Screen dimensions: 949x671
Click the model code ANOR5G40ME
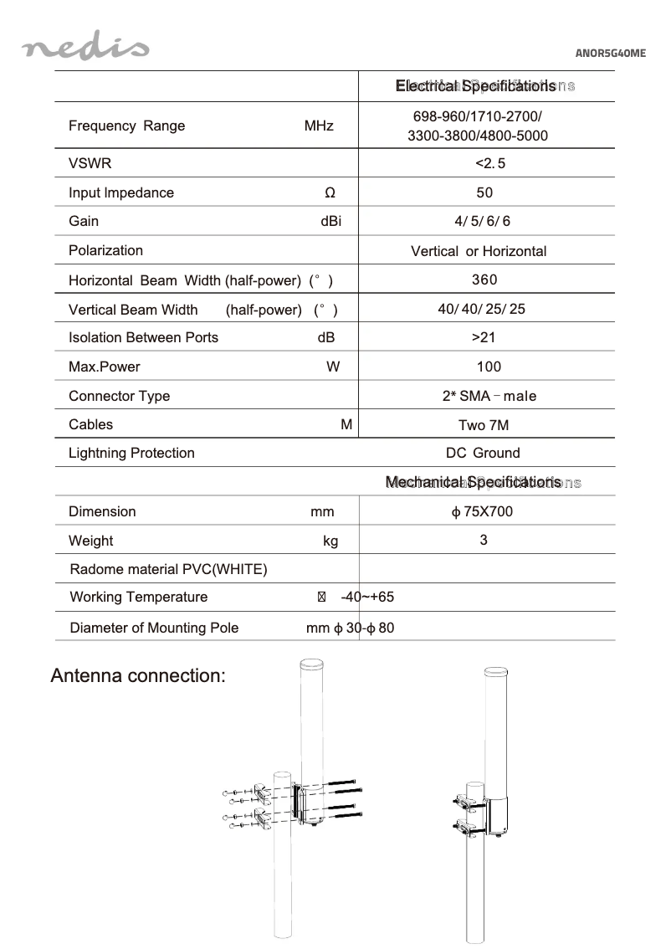point(611,54)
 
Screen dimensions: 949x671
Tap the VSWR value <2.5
point(489,163)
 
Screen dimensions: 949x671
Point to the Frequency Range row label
point(127,126)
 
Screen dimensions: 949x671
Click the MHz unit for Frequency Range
point(319,126)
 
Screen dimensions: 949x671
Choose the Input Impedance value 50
point(484,192)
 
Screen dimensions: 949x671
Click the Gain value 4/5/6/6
point(482,221)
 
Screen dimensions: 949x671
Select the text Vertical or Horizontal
point(479,251)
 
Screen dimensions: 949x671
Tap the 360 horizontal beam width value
point(484,280)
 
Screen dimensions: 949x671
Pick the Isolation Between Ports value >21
point(484,337)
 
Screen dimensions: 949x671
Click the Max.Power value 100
point(489,367)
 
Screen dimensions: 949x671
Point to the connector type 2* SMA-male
point(489,396)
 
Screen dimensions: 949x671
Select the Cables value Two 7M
point(484,425)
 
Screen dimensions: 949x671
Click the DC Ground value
point(483,453)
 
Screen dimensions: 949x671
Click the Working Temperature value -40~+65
point(367,598)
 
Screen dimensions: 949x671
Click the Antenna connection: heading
point(138,675)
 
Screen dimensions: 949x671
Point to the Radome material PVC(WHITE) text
point(168,570)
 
